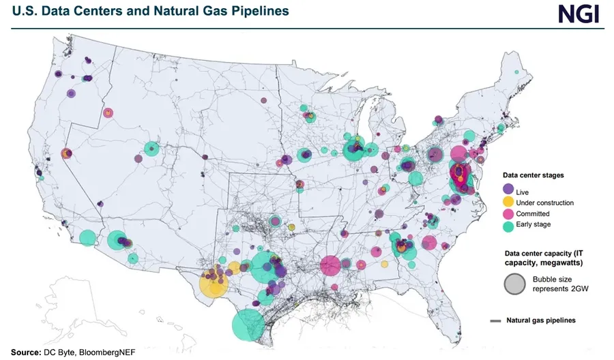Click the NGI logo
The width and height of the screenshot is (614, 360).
click(x=578, y=13)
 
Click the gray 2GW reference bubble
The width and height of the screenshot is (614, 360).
click(x=515, y=284)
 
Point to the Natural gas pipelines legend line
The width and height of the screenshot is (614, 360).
click(x=495, y=320)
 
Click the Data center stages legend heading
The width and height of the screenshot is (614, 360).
click(x=538, y=175)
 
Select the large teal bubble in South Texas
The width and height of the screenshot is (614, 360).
click(x=248, y=325)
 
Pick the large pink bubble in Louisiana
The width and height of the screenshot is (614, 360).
click(x=330, y=266)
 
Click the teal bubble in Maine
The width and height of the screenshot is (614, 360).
click(x=517, y=72)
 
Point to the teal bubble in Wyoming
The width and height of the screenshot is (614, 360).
click(x=151, y=149)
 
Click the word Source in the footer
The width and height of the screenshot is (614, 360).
click(x=23, y=352)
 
